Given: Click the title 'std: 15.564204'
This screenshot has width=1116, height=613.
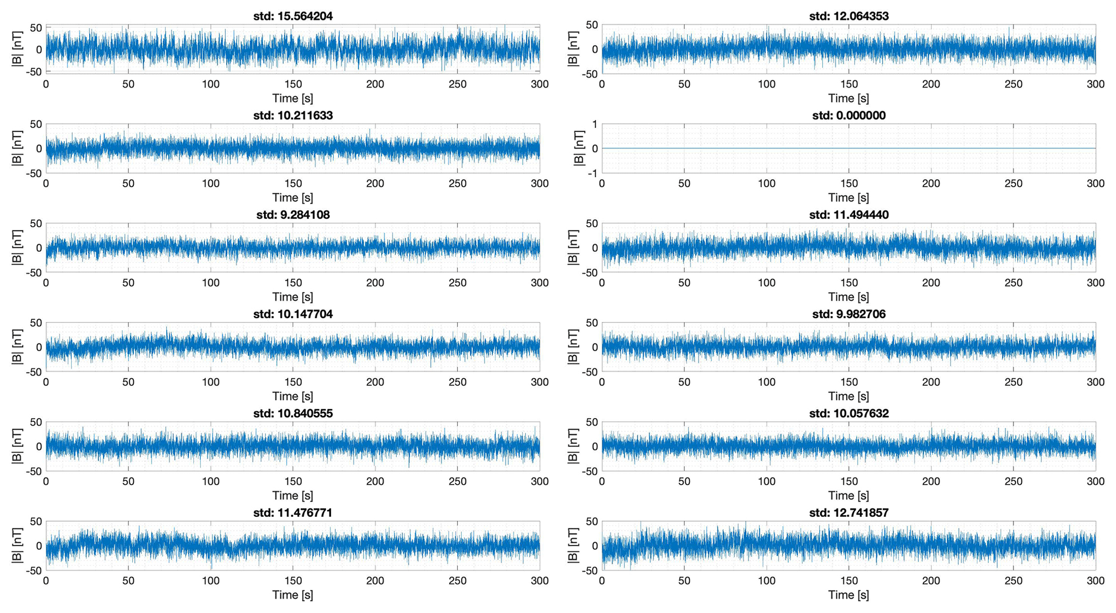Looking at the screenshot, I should [293, 16].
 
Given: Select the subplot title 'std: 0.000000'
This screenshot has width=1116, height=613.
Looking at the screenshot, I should [849, 116].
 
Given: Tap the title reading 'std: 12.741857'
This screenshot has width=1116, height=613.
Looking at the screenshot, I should [849, 513].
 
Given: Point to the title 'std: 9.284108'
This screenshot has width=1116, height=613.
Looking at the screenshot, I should [293, 215].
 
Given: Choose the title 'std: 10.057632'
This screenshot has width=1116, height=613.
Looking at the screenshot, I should [849, 413].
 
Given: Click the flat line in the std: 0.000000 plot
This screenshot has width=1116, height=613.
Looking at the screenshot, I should [849, 148].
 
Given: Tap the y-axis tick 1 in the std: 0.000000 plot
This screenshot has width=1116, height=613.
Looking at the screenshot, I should [594, 124].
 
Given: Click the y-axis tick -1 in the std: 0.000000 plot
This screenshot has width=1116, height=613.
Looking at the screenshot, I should [593, 173].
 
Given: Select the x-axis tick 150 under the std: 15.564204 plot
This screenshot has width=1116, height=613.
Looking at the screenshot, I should [293, 84].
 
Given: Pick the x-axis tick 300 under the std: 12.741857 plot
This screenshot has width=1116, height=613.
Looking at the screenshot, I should [1095, 581].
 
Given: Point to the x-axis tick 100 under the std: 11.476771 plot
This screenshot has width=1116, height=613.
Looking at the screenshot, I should [211, 581].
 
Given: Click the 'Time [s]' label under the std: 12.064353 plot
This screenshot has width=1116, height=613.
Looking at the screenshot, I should [849, 98].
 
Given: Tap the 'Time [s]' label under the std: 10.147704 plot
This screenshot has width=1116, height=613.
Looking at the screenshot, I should [293, 396].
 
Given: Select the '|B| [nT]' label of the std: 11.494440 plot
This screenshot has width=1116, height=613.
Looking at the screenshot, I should [573, 247].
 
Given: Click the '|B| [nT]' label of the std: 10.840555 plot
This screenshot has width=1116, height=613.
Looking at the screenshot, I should [17, 446].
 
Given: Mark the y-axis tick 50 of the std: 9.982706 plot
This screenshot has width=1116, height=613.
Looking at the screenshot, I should [592, 323].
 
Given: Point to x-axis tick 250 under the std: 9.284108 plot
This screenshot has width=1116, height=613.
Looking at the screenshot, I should [457, 282].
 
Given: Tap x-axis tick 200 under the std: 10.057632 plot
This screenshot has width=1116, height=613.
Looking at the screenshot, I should [931, 481].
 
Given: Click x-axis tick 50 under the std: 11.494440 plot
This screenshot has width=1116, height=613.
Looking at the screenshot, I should [684, 282].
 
